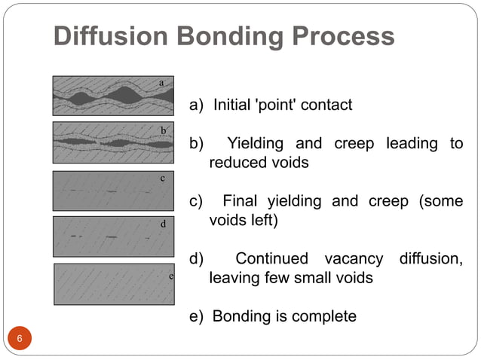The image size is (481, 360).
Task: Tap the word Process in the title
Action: coord(348,36)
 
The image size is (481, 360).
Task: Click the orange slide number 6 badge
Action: coord(20,340)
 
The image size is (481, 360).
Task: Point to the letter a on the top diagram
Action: coord(162,81)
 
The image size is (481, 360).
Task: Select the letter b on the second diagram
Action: coord(163,130)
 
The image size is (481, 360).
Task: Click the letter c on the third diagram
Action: coord(162,179)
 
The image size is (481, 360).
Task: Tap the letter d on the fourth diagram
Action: coord(163,224)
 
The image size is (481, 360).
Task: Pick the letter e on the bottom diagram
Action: coord(171,276)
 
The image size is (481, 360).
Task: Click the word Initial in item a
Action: coord(234,105)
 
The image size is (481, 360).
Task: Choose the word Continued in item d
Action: coord(272,259)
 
